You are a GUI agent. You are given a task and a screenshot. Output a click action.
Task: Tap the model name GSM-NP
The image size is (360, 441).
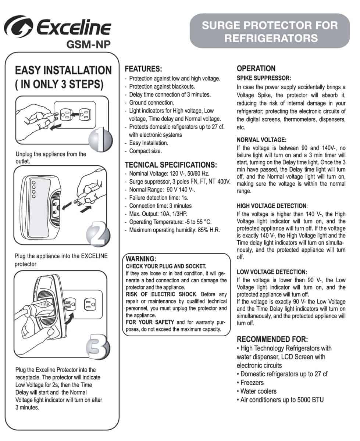point(88,44)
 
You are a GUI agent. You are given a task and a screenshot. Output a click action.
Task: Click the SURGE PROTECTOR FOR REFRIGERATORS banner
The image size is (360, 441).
point(270,31)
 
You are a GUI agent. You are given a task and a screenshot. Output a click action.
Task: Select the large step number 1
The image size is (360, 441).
point(100,139)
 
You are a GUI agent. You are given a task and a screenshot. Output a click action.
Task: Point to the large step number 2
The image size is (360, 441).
point(97,233)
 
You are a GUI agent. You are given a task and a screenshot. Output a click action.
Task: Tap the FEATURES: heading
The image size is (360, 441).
point(143,69)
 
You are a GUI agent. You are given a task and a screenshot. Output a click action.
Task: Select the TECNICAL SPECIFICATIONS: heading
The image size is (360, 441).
point(171,165)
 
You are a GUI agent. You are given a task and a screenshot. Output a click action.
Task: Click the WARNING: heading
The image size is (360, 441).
point(141,259)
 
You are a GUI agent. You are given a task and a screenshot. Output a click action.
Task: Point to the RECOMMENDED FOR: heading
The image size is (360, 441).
point(272,339)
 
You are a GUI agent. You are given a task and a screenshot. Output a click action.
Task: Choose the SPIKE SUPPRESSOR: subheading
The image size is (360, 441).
point(264,78)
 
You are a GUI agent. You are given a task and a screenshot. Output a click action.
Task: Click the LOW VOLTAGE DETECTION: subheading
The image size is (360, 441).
point(272,272)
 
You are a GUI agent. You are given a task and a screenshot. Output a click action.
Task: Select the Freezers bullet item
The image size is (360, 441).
point(252,383)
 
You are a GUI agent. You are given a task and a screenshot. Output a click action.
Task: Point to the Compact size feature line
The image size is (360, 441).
point(145,151)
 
